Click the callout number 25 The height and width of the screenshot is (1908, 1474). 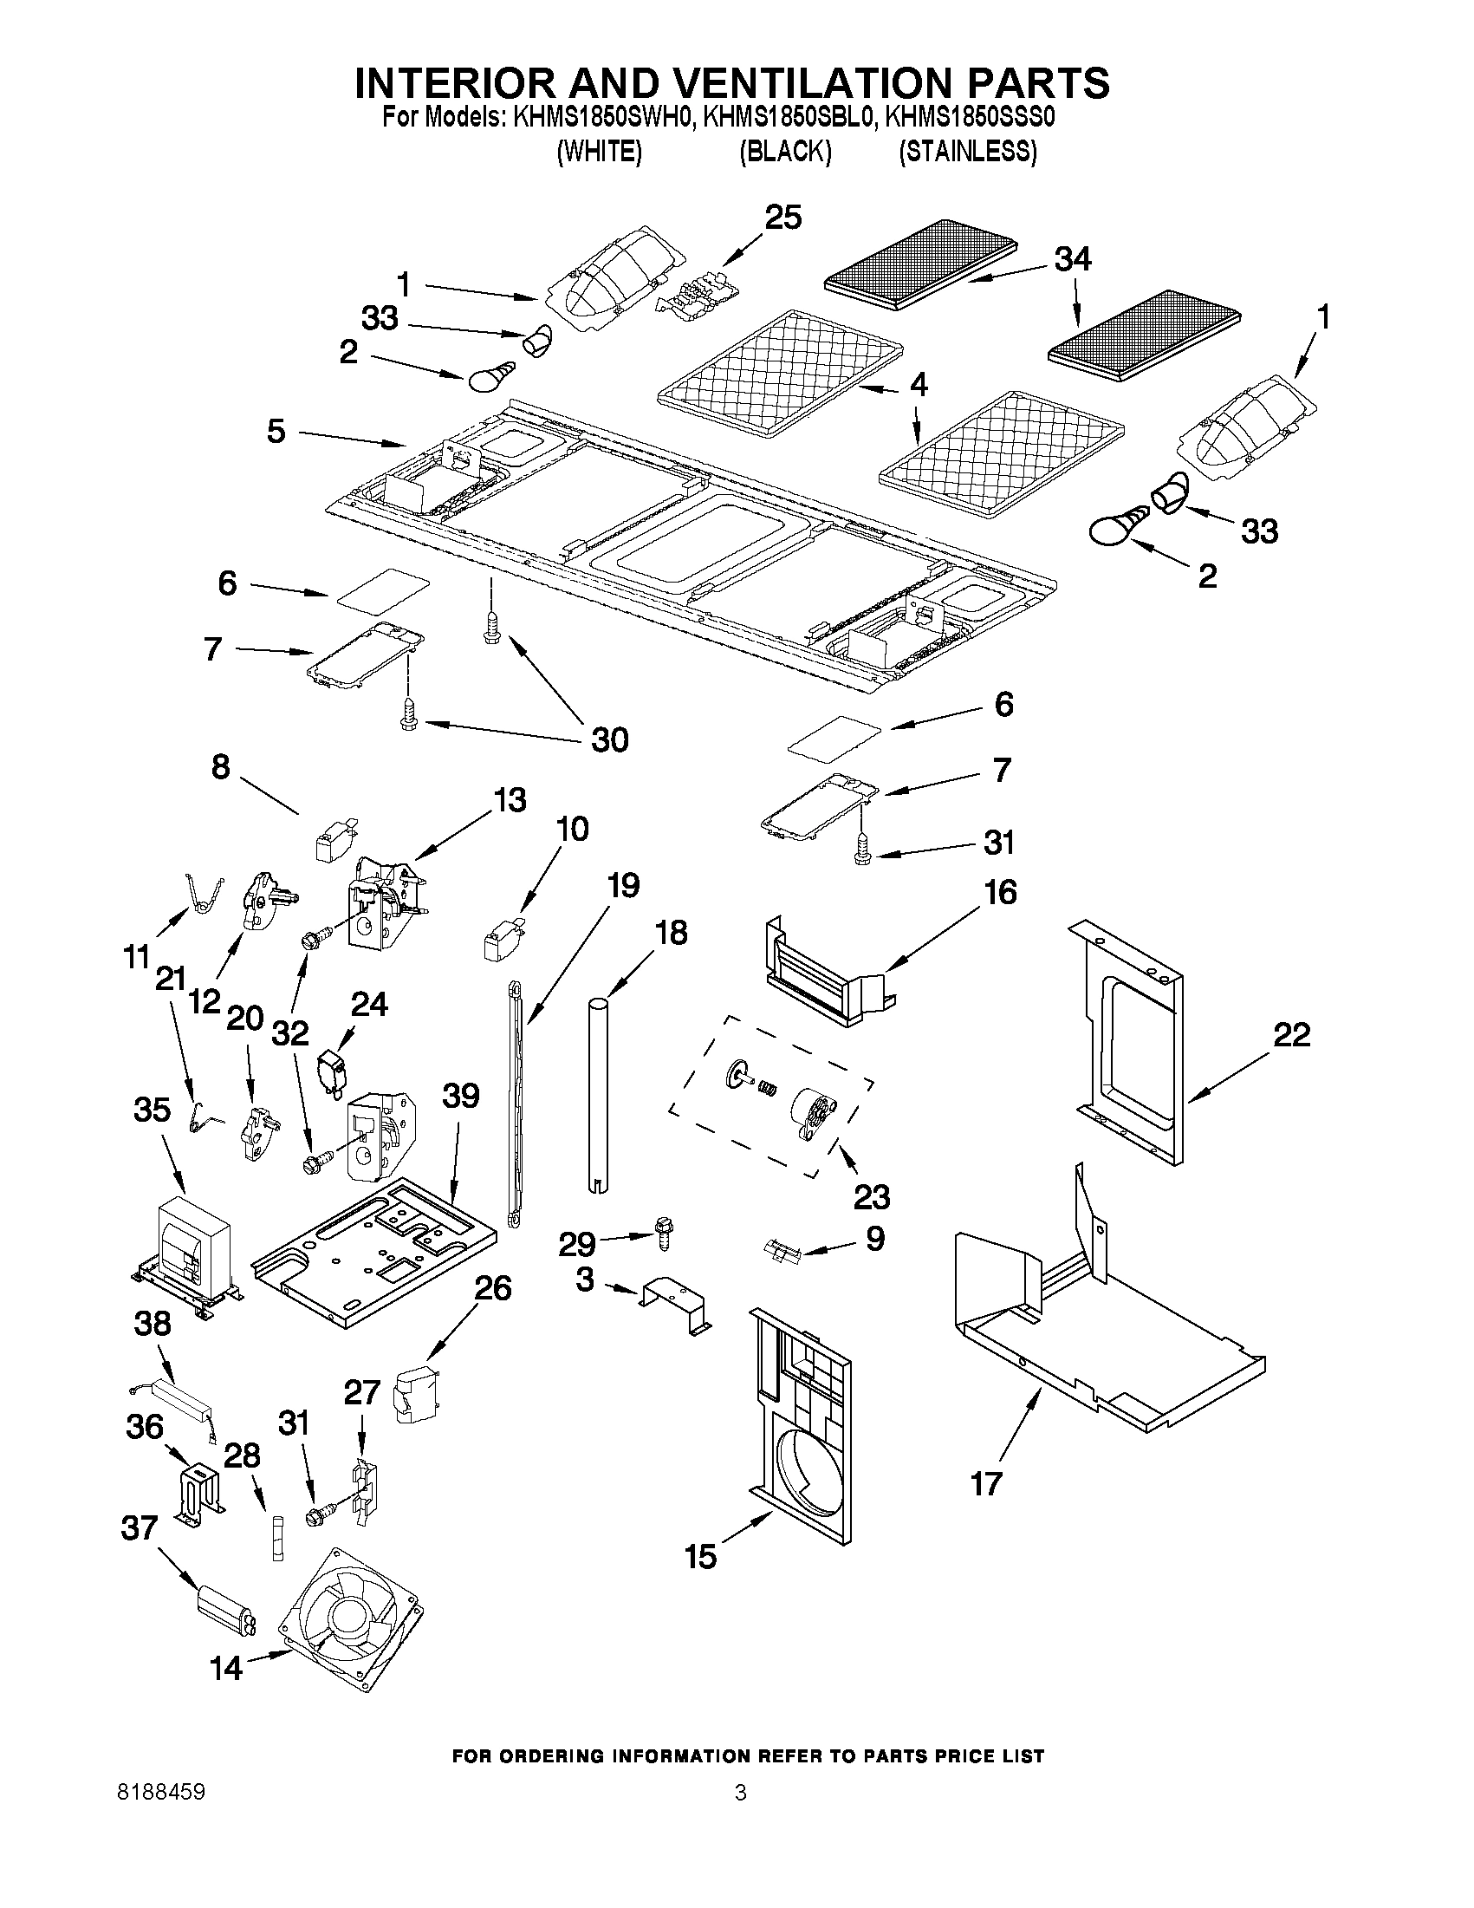click(x=783, y=218)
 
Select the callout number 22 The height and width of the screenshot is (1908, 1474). click(x=1291, y=1035)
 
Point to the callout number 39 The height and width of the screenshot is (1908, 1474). click(x=460, y=1095)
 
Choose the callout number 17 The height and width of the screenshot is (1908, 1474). click(x=987, y=1483)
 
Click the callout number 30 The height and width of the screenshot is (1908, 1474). click(x=609, y=740)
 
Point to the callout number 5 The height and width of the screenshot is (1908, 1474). click(x=276, y=431)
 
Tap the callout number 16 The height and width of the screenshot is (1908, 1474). click(x=1001, y=893)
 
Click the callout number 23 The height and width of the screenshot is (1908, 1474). click(x=871, y=1196)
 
